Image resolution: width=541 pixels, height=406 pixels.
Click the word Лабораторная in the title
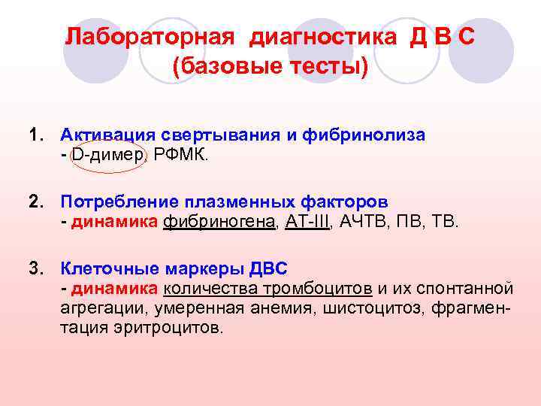coord(150,38)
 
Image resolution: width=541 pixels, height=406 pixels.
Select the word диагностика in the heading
coord(324,38)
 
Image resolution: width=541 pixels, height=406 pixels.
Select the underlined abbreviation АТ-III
coord(307,222)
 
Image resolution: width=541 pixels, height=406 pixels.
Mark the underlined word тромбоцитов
coord(326,289)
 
